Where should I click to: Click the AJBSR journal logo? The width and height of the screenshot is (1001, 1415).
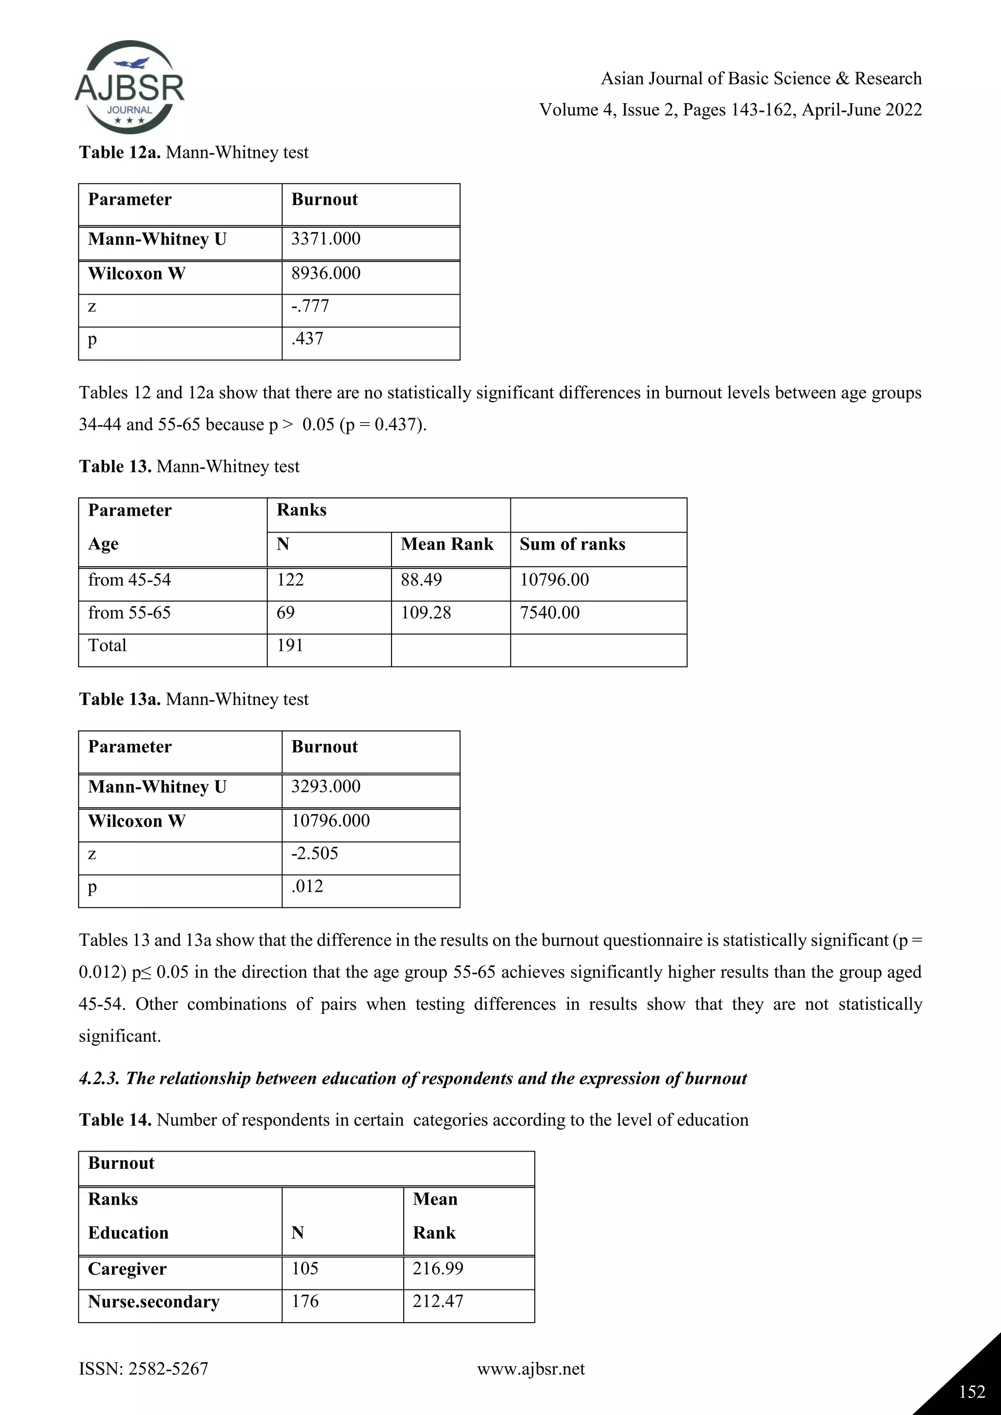point(130,87)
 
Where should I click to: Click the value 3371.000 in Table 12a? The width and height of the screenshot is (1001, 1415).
point(326,238)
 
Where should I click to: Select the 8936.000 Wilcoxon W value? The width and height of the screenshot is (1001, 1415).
point(326,273)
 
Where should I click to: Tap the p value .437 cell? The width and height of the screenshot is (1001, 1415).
point(307,338)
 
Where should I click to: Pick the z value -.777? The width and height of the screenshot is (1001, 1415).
point(310,306)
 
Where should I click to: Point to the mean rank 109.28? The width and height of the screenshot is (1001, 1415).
point(425,613)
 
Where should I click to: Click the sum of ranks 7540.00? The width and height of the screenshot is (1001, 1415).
point(549,613)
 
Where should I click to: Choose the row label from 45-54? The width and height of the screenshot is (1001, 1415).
point(130,579)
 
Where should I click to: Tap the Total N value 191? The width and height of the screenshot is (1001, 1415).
point(290,645)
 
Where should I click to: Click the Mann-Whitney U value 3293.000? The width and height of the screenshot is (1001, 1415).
point(326,786)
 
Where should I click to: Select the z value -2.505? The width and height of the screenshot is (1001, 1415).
point(314,853)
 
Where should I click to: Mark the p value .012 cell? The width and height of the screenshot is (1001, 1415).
point(307,886)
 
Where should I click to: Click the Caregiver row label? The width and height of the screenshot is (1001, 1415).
point(127,1268)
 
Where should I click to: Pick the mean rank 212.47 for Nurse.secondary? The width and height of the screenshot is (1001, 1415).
point(437,1301)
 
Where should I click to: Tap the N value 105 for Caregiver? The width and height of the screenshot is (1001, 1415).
point(305,1268)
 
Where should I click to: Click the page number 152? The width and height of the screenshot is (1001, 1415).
point(972,1392)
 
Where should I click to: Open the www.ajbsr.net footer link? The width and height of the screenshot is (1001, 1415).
point(531,1370)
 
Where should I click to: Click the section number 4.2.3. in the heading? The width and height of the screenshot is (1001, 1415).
point(99,1078)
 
